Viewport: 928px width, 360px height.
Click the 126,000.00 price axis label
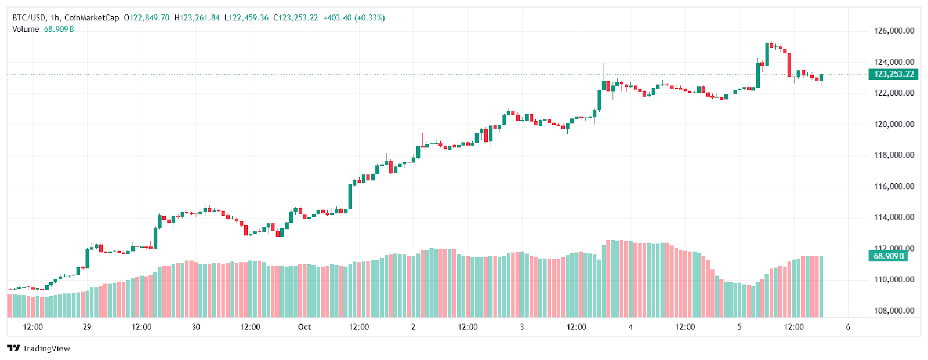tap(894, 31)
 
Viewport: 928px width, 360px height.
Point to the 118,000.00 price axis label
tap(894, 155)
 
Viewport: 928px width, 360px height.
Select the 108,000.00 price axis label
tap(894, 310)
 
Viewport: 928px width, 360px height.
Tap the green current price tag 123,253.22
tap(893, 74)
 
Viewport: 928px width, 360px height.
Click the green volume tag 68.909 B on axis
tap(888, 256)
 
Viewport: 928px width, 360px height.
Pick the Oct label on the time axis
tap(304, 327)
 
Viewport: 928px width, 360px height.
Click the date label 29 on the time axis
tap(87, 327)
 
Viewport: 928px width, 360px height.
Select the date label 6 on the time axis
tap(848, 327)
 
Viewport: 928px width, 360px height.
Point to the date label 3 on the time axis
tap(522, 327)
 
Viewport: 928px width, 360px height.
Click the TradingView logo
tap(38, 348)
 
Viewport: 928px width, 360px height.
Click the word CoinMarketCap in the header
tap(92, 18)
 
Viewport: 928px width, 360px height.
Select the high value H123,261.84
tap(197, 18)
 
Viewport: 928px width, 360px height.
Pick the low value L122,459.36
tap(246, 18)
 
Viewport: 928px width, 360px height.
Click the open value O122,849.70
tap(147, 18)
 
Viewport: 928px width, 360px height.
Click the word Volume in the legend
tap(26, 29)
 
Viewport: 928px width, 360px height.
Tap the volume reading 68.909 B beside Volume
tap(59, 29)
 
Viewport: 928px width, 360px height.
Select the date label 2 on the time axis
tap(413, 327)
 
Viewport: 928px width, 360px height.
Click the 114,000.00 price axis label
tap(894, 217)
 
